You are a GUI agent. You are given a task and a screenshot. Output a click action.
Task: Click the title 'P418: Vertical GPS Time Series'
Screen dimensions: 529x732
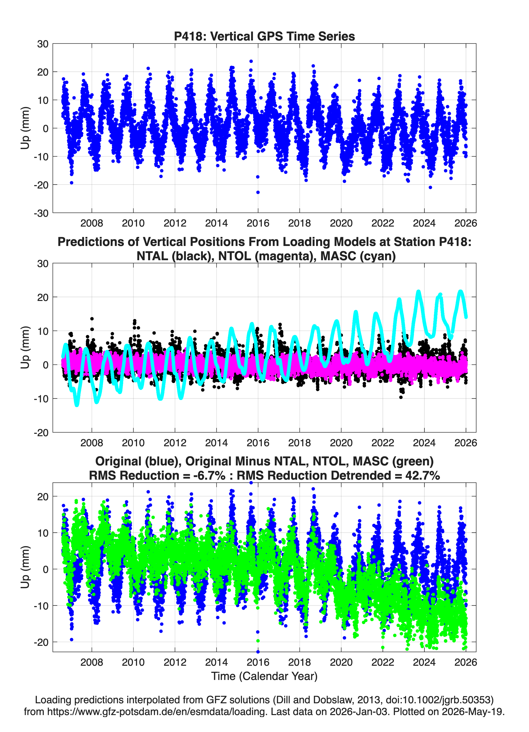(264, 36)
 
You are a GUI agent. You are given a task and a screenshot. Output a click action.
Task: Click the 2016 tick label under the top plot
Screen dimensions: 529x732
(258, 223)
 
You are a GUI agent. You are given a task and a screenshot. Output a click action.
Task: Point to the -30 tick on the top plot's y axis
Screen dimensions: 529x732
(41, 213)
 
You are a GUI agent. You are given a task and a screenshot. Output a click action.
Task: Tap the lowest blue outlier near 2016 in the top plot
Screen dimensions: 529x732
(258, 192)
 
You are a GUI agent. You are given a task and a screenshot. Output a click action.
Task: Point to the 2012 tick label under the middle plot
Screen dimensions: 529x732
(175, 443)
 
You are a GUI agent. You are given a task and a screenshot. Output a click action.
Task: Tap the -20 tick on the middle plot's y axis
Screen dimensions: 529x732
(41, 433)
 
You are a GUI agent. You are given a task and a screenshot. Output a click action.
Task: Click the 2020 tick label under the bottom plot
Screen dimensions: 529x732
(341, 662)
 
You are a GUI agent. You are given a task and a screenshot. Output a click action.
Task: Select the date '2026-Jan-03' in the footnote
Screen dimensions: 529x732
(359, 711)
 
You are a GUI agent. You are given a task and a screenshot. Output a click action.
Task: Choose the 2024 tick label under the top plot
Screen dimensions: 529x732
(424, 223)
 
